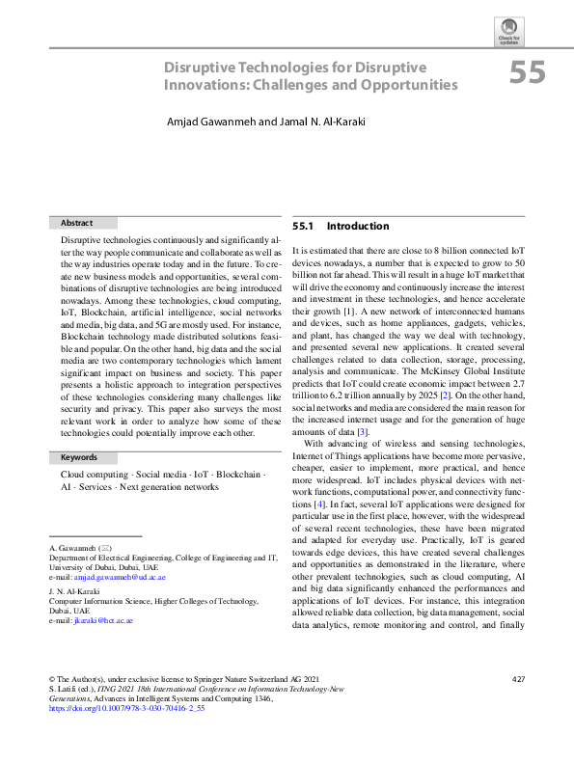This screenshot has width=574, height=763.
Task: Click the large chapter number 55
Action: (x=529, y=73)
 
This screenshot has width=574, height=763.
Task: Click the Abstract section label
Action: (x=76, y=222)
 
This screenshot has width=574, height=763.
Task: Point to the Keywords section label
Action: (x=79, y=457)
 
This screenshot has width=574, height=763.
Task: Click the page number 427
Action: (x=518, y=680)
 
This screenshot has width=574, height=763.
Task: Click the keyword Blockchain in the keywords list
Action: (x=237, y=475)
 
